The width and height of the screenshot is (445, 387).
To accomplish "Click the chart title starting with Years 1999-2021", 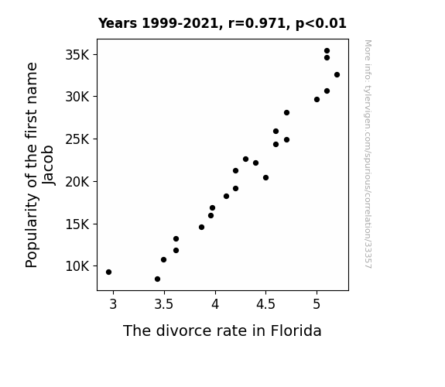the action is click(x=222, y=23).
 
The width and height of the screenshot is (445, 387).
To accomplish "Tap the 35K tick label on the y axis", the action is click(x=77, y=55).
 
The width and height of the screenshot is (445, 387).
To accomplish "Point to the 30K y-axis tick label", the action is click(x=77, y=97).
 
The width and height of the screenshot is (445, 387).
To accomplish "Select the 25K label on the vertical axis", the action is click(x=77, y=139).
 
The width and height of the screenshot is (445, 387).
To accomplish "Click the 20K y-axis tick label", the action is click(x=77, y=181).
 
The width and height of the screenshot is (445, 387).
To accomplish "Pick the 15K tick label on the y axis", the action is click(x=77, y=224).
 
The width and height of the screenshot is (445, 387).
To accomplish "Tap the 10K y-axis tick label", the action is click(x=77, y=266).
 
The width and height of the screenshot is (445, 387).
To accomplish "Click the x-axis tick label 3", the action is click(x=113, y=304).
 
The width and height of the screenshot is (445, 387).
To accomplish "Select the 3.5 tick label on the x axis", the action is click(x=164, y=304).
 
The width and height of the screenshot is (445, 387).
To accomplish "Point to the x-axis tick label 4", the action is click(x=215, y=304).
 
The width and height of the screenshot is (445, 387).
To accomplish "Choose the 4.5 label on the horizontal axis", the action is click(x=265, y=304).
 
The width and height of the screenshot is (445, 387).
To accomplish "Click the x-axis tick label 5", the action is click(x=317, y=304).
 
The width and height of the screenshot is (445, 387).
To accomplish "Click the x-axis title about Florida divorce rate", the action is click(x=222, y=330).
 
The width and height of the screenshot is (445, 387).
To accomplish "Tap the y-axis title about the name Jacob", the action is click(x=39, y=165).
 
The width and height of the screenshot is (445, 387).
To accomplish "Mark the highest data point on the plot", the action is click(x=327, y=51).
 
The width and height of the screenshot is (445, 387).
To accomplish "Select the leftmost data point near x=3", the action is click(x=108, y=272).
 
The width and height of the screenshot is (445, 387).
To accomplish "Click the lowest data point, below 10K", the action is click(x=158, y=279).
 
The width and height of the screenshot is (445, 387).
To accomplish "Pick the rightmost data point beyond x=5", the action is click(x=337, y=74).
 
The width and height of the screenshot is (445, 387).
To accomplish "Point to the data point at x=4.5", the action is click(x=266, y=178).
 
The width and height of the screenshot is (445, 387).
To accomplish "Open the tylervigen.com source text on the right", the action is click(x=368, y=154).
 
